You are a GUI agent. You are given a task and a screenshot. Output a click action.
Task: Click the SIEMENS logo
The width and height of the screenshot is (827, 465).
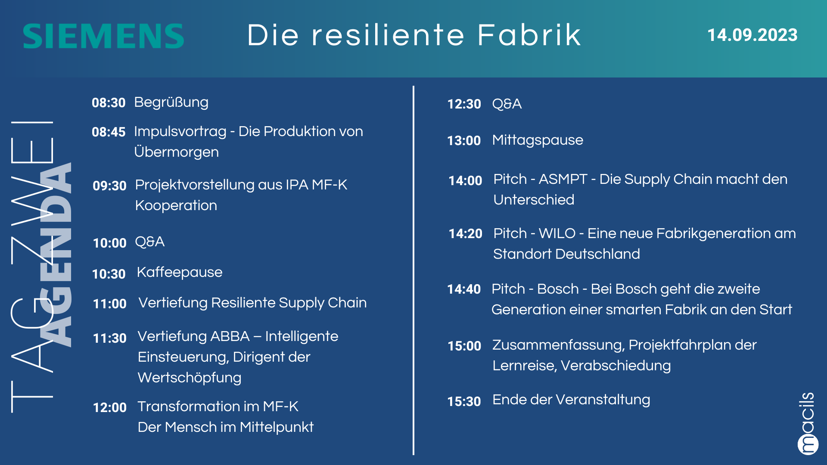(x=103, y=36)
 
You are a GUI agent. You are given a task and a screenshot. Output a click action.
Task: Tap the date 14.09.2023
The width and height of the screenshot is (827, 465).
(x=752, y=35)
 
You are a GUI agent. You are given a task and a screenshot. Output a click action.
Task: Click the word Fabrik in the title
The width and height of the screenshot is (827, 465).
(x=529, y=35)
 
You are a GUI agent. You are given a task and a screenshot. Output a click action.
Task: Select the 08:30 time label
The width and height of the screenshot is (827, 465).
(x=109, y=103)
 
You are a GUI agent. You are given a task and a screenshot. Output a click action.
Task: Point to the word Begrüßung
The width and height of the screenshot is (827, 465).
(x=171, y=102)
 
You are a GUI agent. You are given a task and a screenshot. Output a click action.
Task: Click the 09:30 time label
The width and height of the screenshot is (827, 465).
(x=109, y=186)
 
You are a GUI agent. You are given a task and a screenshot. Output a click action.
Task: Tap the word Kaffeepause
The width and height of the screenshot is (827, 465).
(x=180, y=273)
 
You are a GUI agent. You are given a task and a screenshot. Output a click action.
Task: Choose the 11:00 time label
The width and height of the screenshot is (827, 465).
(x=110, y=304)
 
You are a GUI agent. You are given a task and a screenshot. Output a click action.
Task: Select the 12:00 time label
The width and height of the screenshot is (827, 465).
(x=110, y=408)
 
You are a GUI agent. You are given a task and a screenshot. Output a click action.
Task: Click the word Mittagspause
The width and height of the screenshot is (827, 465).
(x=538, y=140)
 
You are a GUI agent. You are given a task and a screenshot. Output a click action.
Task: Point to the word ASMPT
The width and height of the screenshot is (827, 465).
(x=563, y=179)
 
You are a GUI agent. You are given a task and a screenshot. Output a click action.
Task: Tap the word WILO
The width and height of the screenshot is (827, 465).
(x=557, y=233)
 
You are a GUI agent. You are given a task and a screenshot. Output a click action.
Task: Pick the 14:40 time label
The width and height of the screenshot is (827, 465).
(x=464, y=289)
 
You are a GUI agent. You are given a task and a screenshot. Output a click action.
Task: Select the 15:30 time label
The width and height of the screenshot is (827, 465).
(x=464, y=402)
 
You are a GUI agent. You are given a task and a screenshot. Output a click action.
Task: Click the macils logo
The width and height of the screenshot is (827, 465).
(x=808, y=423)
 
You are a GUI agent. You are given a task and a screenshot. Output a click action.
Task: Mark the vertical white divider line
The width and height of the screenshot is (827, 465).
(x=413, y=270)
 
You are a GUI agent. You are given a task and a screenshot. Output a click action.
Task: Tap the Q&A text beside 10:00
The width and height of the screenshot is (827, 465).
(x=150, y=242)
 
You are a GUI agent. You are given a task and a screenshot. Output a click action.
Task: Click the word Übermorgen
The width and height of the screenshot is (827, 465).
(x=177, y=152)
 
